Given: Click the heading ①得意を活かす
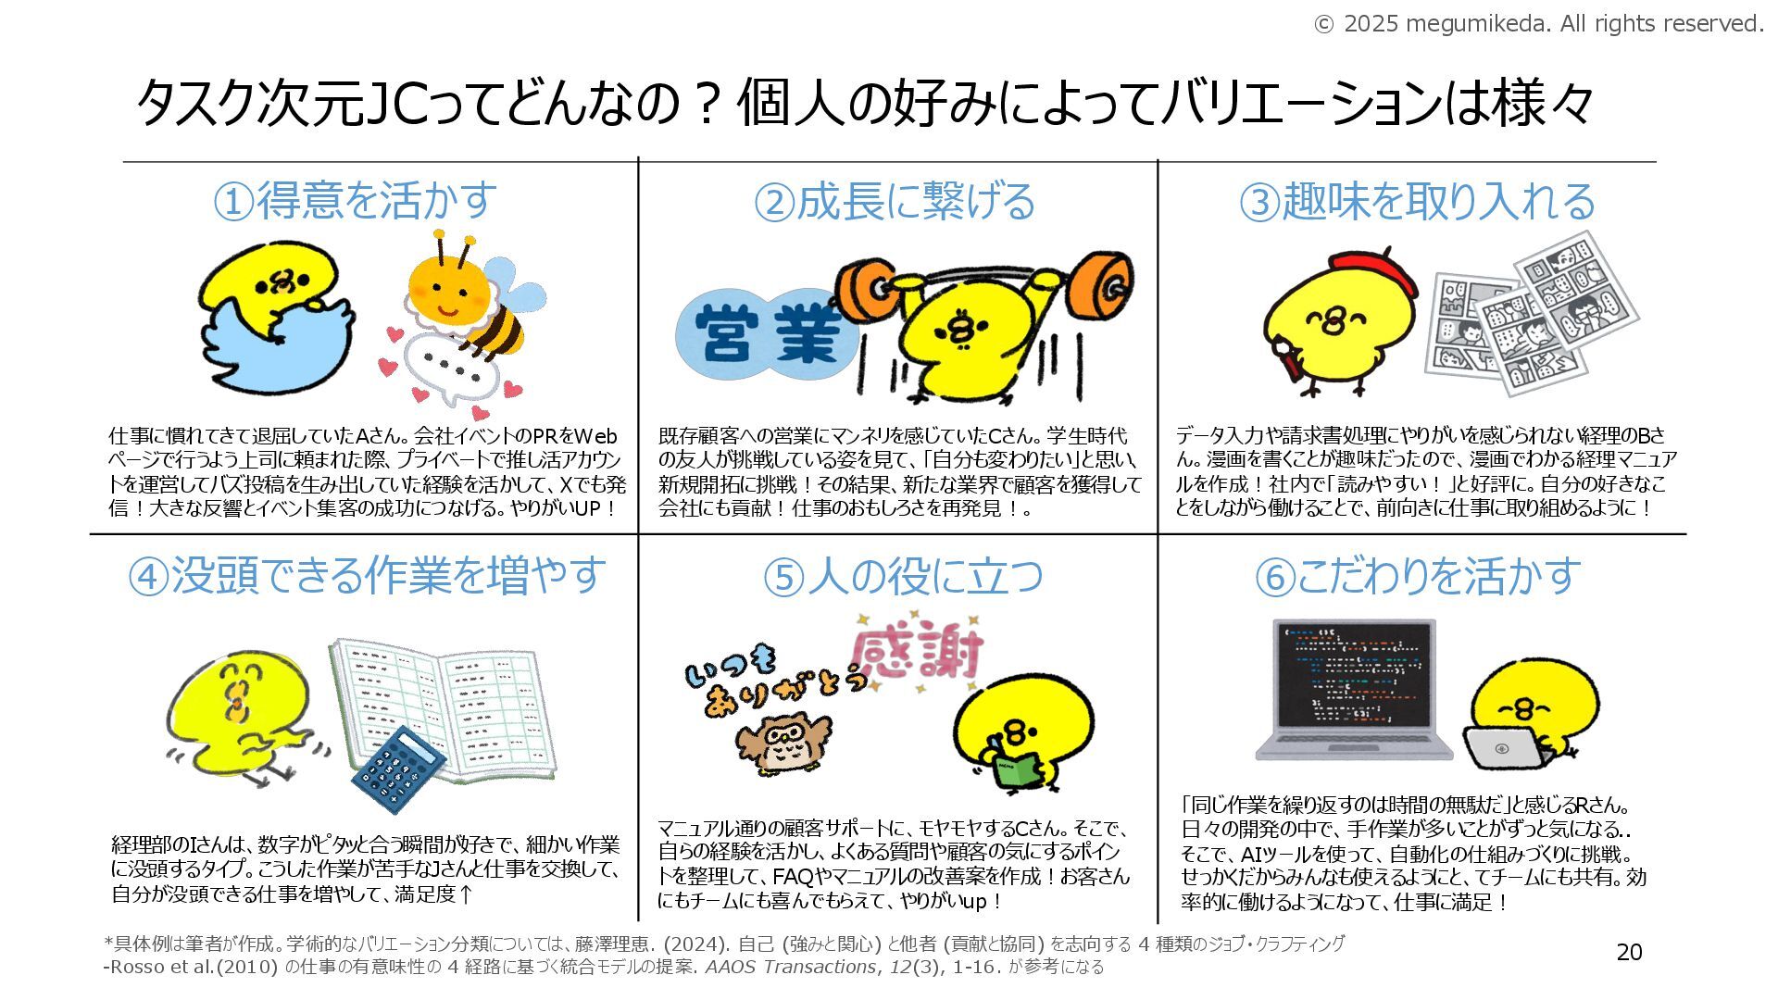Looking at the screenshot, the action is click(x=355, y=200).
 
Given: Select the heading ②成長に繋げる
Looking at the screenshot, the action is click(x=895, y=201).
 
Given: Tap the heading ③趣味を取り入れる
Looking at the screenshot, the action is click(x=1417, y=201).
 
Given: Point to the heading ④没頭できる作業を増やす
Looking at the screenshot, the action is click(x=367, y=575).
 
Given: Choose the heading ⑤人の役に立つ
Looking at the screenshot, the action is click(x=903, y=576).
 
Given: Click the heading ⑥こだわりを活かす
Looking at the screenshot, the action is click(x=1417, y=576).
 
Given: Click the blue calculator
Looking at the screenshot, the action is click(x=398, y=769).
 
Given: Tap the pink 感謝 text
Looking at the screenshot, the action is click(x=916, y=653).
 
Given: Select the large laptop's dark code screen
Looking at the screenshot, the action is click(x=1354, y=677).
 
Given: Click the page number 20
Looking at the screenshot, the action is click(x=1629, y=952).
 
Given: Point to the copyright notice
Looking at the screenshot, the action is click(x=1538, y=23).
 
